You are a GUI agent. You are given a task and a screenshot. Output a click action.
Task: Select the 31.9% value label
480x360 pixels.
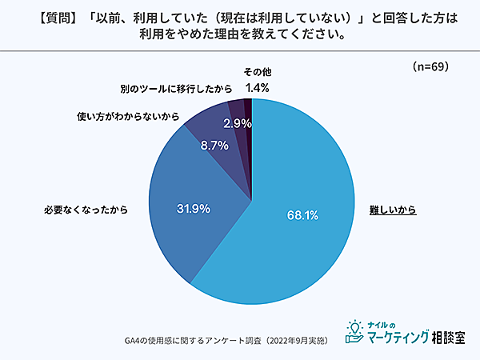[x=193, y=209]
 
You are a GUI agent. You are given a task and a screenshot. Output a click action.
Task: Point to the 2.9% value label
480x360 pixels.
[x=238, y=123]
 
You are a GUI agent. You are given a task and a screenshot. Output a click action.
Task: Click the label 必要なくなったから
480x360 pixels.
[x=86, y=210]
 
